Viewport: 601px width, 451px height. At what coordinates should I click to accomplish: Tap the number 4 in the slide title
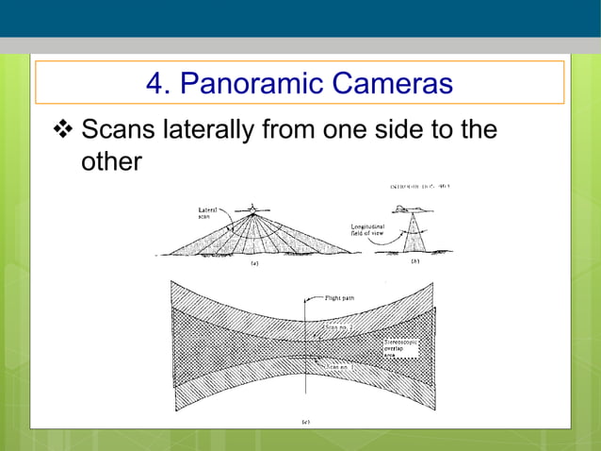[x=156, y=84]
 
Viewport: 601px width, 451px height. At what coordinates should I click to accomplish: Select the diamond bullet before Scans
[x=65, y=128]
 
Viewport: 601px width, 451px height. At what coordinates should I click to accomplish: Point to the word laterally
[x=206, y=128]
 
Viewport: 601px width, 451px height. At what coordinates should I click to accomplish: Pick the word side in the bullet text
[x=404, y=128]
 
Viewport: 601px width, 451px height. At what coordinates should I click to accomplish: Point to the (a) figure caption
[x=253, y=264]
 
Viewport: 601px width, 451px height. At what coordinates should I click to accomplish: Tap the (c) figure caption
[x=305, y=421]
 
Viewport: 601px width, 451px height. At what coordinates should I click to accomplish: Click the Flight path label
[x=340, y=296]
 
